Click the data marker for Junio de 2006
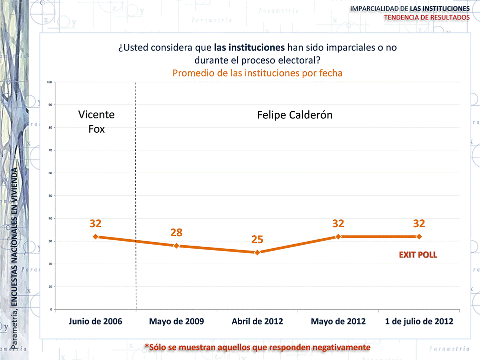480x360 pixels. click(x=95, y=237)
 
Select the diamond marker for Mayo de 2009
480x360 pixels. click(x=176, y=246)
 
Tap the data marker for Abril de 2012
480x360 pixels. click(x=257, y=253)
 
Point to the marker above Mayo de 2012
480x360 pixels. click(x=338, y=237)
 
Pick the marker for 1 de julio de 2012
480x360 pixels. click(x=419, y=237)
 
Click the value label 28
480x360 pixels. click(x=176, y=233)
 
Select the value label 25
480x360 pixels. click(x=257, y=240)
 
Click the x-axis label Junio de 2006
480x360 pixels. click(x=95, y=322)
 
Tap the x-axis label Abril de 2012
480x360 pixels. click(x=257, y=322)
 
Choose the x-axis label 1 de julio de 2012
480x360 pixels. click(x=419, y=322)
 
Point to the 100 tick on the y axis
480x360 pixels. click(x=49, y=82)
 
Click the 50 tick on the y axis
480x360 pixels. click(x=50, y=196)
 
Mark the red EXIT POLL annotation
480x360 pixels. click(x=418, y=255)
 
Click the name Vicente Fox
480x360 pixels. click(x=96, y=121)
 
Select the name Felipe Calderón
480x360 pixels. click(x=295, y=115)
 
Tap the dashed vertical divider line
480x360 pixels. click(x=136, y=200)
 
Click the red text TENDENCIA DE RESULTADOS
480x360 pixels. click(x=427, y=17)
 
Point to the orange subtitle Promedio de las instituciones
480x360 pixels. click(x=257, y=73)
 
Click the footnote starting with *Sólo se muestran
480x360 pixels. click(x=257, y=347)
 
